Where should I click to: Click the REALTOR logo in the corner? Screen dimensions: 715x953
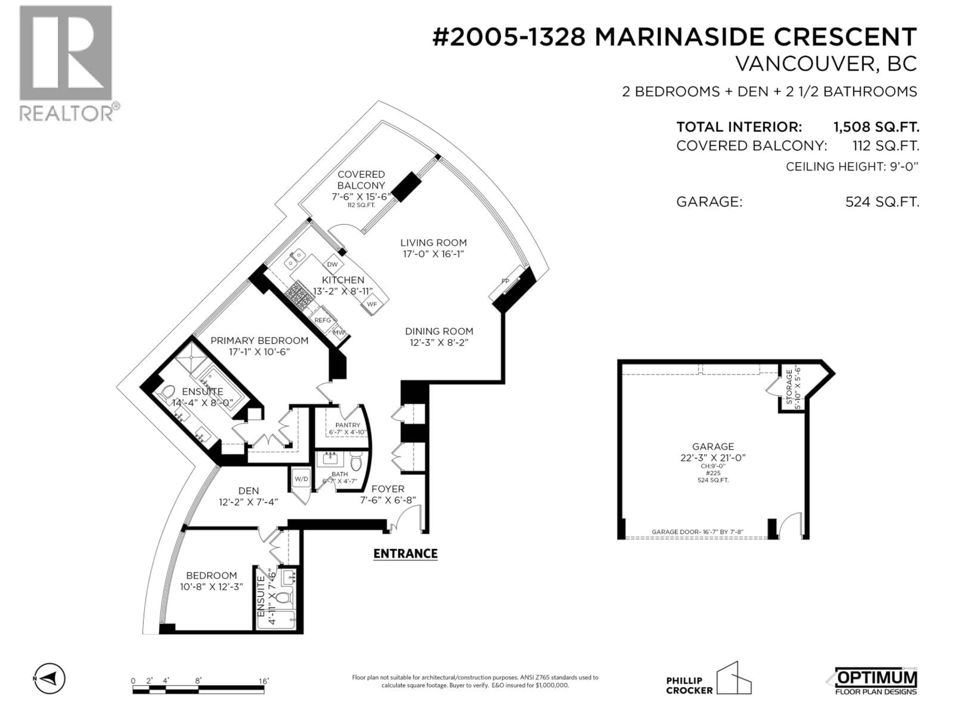[x=67, y=63]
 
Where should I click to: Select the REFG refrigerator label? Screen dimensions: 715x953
[x=322, y=320]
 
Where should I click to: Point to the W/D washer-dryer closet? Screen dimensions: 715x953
[x=301, y=479]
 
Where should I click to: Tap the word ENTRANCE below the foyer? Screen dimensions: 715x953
[x=406, y=554]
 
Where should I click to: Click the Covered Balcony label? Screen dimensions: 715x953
[x=361, y=180]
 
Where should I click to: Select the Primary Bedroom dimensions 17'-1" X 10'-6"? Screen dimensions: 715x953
[x=259, y=352]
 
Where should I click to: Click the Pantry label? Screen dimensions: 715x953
[x=348, y=425]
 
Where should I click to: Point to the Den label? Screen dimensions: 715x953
[x=249, y=491]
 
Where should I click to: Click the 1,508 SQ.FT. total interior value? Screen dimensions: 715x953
[x=876, y=127]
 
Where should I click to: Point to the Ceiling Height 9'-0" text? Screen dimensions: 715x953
[x=852, y=167]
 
